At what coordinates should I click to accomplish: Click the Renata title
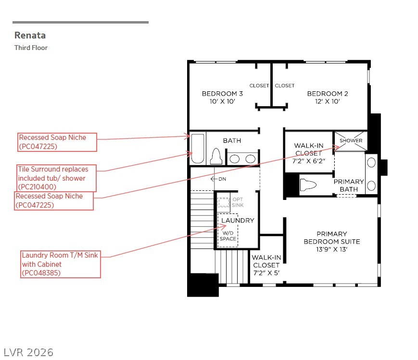click(30, 35)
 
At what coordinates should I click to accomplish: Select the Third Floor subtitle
click(31, 48)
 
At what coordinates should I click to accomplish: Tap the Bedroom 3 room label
click(222, 94)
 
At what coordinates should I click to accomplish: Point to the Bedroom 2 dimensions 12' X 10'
click(328, 101)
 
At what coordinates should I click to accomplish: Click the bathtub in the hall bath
click(198, 149)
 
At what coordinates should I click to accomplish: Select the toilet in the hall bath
click(216, 156)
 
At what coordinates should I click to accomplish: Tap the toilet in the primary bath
click(308, 185)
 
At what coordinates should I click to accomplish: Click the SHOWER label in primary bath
click(351, 140)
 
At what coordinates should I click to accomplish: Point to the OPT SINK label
click(238, 202)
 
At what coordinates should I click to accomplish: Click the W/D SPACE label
click(228, 236)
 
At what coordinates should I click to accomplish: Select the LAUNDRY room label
click(238, 220)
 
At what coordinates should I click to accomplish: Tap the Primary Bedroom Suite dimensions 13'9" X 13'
click(331, 249)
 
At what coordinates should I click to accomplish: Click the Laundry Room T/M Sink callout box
click(61, 264)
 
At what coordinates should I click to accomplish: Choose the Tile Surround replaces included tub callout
click(56, 178)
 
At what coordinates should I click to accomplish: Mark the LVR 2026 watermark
click(28, 352)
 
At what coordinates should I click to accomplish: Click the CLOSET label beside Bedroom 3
click(259, 86)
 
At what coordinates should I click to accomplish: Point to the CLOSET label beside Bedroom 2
click(285, 86)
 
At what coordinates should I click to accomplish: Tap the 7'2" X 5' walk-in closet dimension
click(266, 273)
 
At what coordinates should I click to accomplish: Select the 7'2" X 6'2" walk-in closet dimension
click(309, 161)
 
